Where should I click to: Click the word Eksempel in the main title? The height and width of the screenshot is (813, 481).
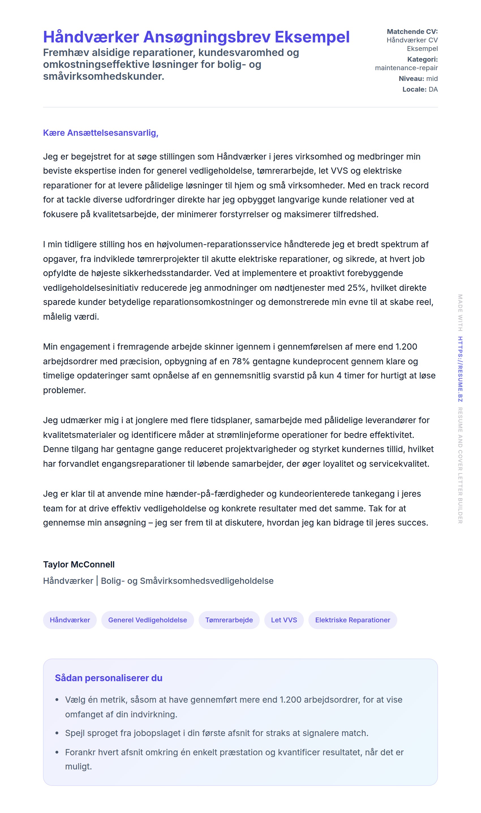312,37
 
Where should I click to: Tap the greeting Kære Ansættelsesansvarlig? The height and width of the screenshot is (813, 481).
100,133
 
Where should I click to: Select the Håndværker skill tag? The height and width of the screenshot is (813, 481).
70,620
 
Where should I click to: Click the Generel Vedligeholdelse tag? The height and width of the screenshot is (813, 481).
147,620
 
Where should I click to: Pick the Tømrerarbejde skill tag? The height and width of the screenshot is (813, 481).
229,620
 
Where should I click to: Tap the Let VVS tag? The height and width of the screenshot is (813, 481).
284,620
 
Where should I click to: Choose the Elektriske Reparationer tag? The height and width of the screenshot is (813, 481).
352,620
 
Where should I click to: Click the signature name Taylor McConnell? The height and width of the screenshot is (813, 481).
79,564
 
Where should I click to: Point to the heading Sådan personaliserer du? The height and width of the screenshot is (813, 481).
109,678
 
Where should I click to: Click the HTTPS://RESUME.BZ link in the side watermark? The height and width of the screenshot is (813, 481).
460,369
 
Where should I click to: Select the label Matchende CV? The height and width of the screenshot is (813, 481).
412,31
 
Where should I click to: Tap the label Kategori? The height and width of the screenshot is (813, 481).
422,59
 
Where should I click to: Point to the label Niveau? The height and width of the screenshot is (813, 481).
411,78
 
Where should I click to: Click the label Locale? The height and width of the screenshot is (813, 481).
414,89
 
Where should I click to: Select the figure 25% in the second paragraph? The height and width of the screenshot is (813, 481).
357,288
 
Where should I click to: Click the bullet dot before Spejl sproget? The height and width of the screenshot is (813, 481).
57,733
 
